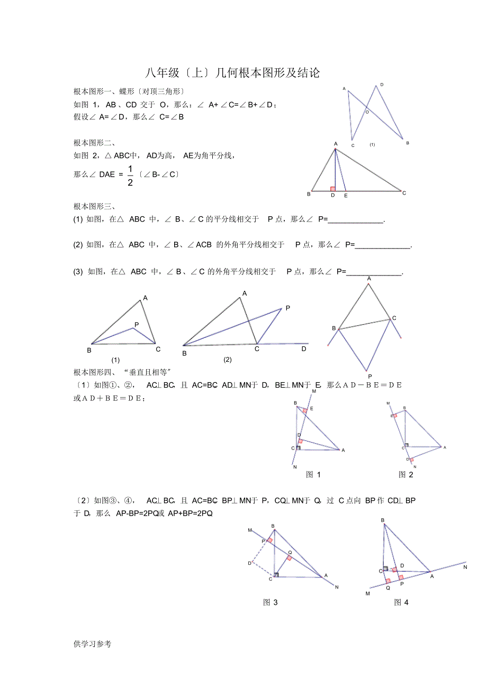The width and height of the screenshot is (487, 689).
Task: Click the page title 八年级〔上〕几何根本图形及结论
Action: pos(232,72)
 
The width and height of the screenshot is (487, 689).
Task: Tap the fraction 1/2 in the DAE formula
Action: pos(130,175)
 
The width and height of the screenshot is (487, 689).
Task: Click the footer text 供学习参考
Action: pos(93,644)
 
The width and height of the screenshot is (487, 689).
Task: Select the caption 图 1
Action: pos(313,474)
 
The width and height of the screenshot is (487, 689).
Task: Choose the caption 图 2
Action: pos(405,474)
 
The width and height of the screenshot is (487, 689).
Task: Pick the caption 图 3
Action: pos(270,602)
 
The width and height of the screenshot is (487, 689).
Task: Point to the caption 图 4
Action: pos(401,602)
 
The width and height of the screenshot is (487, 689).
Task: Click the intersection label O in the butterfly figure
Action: pos(367,112)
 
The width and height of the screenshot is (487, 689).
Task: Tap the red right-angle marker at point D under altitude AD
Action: pos(332,188)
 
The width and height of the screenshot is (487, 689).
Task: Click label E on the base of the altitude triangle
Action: pos(346,196)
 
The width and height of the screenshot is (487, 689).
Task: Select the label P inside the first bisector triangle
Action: pos(137,325)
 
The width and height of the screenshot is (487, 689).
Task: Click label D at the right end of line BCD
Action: pos(304,349)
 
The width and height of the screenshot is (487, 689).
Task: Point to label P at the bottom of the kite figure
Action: pos(369,376)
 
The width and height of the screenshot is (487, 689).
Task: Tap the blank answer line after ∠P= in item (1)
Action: pos(356,222)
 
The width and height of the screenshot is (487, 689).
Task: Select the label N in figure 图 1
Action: pos(294,467)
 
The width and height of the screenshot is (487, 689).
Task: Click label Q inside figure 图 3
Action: pos(290,552)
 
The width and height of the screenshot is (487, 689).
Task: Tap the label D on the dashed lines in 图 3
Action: pos(249,563)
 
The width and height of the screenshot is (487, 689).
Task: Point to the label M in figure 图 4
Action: pos(368,593)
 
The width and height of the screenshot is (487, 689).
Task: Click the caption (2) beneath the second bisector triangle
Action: pos(228,360)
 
